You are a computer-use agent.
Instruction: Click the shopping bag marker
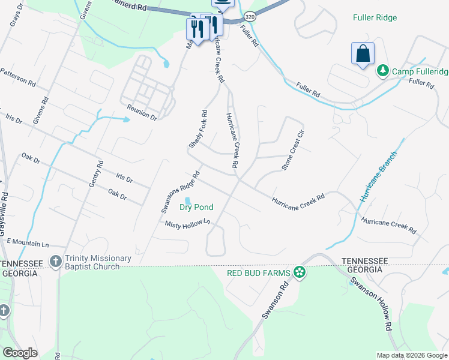coord(363,54)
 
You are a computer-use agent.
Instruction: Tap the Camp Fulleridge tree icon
coord(382,71)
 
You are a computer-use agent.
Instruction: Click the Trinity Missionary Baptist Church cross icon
coord(56,262)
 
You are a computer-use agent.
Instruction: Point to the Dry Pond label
coord(196,208)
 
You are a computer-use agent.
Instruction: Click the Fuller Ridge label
coord(375,18)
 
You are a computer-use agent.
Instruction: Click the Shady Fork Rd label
coord(197,129)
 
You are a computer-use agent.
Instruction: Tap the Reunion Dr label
coord(142,113)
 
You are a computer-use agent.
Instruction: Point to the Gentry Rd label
coord(96,175)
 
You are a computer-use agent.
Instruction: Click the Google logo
coord(20,353)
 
